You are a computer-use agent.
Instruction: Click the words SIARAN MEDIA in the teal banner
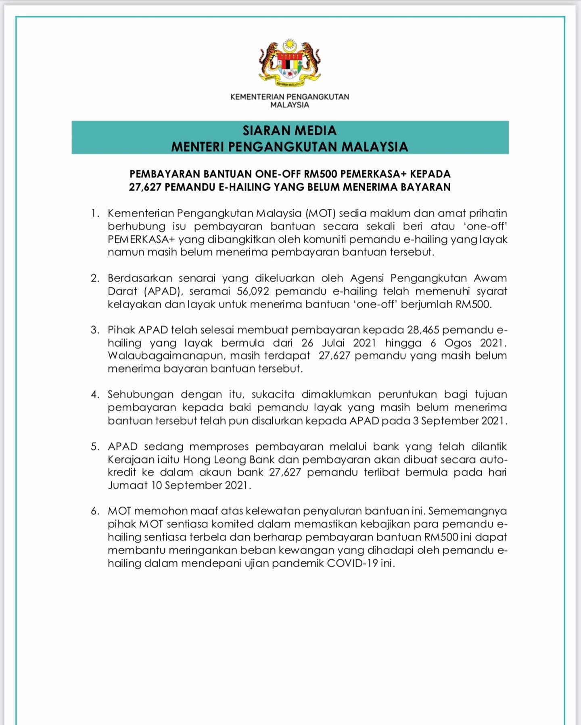[x=290, y=131]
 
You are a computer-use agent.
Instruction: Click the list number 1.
[x=95, y=213]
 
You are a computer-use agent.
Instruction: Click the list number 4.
[x=95, y=395]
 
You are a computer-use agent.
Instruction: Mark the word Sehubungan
[x=140, y=395]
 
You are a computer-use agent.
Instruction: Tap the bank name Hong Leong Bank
[x=229, y=459]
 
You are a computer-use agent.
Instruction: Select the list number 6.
[x=95, y=511]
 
